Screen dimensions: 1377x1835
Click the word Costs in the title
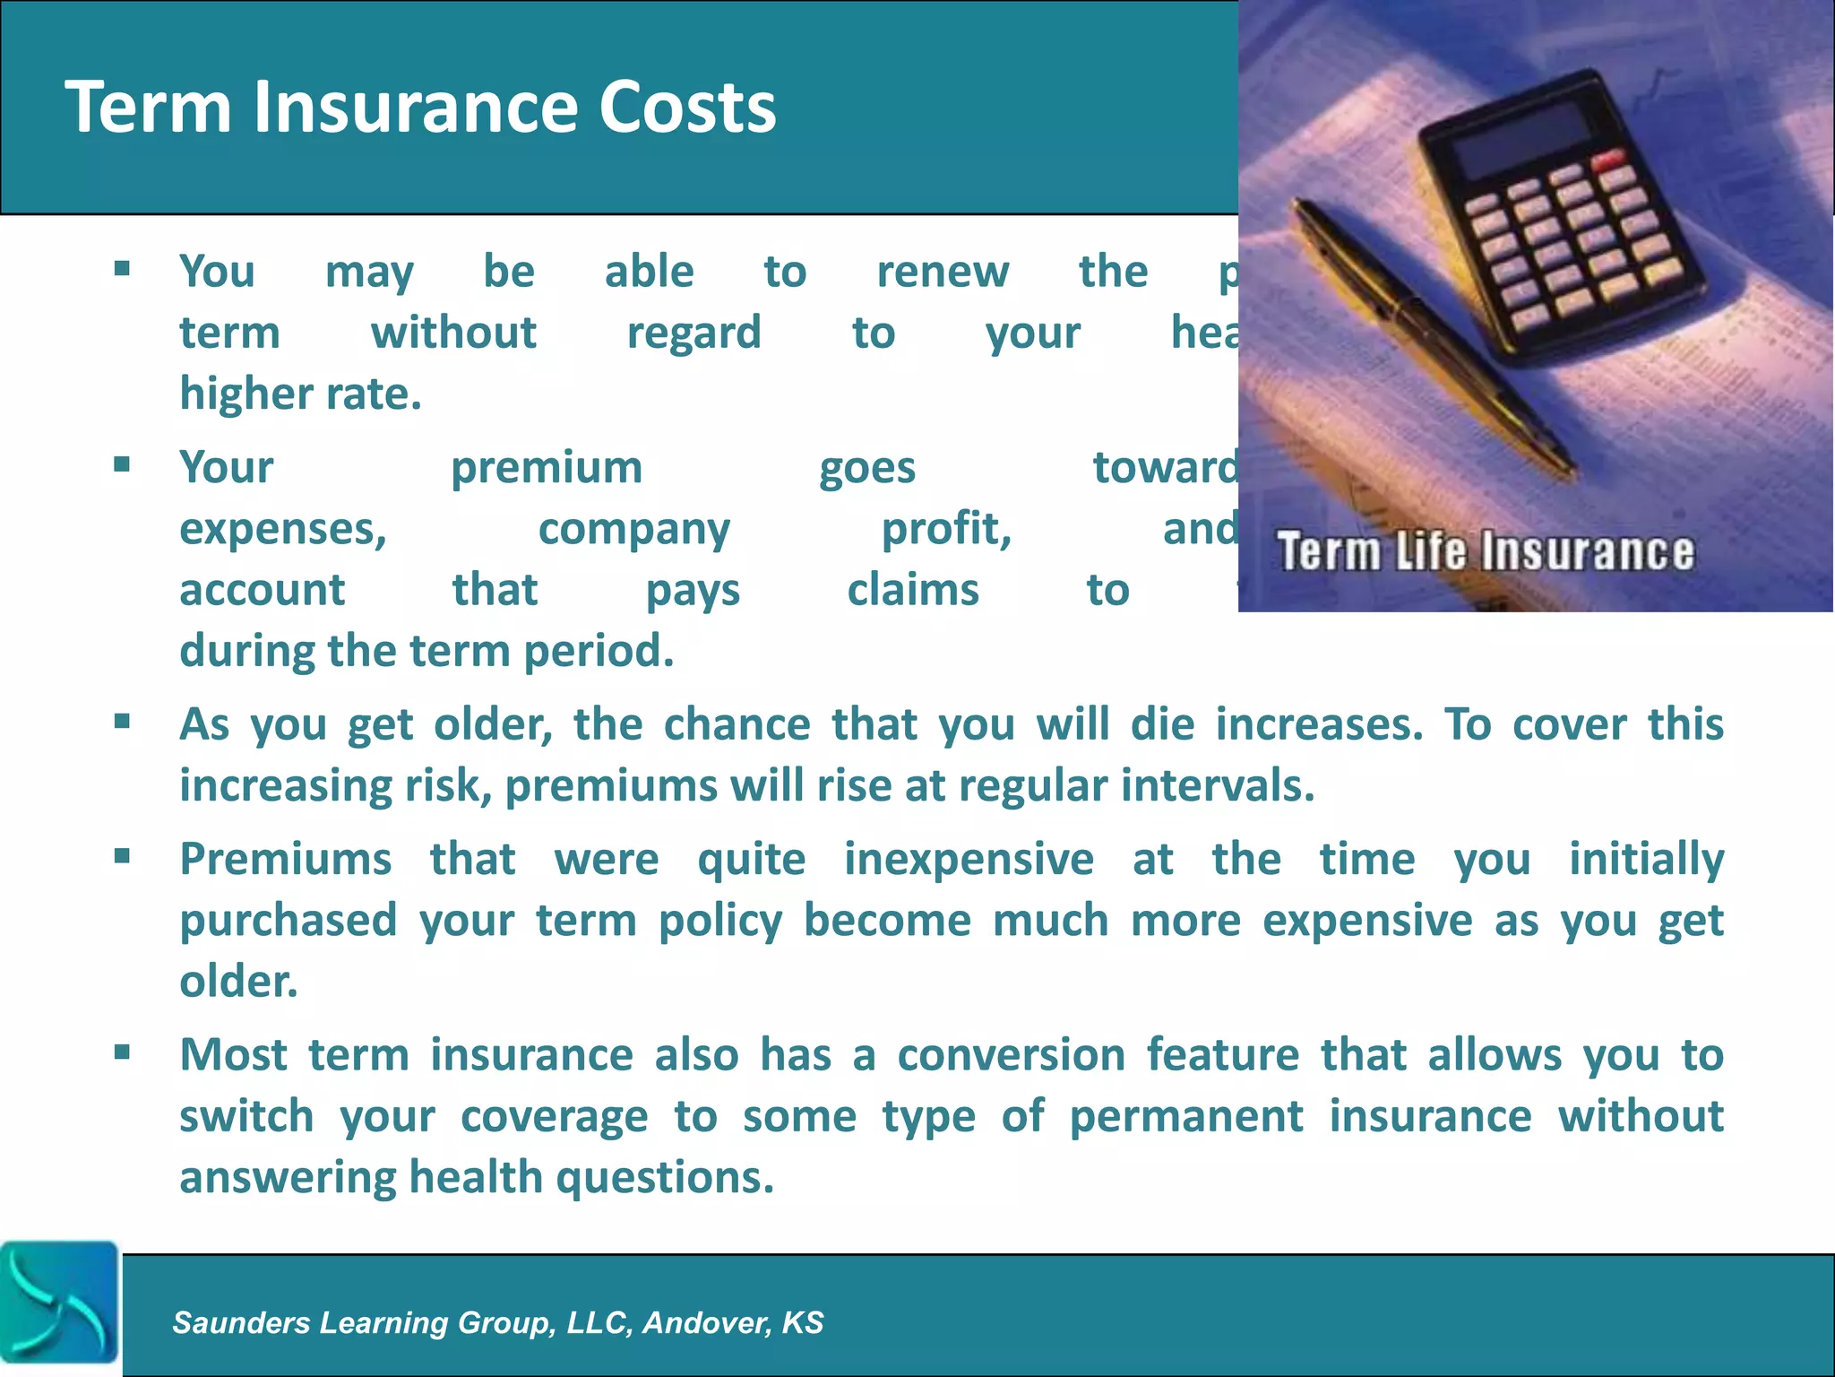[686, 108]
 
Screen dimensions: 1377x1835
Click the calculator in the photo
[1559, 224]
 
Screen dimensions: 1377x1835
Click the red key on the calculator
[1608, 162]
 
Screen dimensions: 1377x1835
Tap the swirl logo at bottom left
[59, 1302]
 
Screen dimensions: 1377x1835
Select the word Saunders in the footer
[241, 1322]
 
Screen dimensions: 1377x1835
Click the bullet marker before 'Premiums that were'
[123, 856]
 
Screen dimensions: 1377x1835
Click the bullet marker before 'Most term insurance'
[123, 1052]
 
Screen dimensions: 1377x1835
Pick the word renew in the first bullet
[943, 272]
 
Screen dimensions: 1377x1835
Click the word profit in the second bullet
[946, 529]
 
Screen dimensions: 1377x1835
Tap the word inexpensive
[969, 860]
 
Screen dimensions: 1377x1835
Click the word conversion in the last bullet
[1011, 1055]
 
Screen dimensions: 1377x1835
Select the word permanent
[1186, 1117]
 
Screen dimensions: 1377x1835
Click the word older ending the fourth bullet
[237, 982]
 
